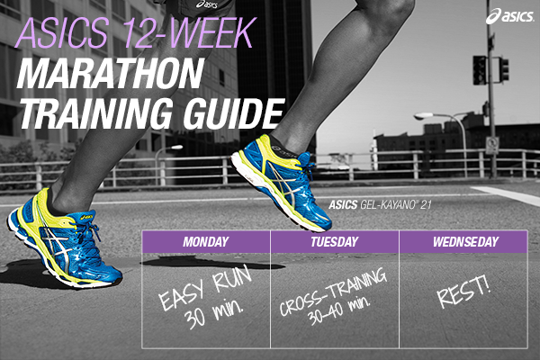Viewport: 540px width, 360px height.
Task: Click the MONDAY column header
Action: pyautogui.click(x=205, y=241)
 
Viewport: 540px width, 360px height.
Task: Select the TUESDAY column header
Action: pyautogui.click(x=335, y=241)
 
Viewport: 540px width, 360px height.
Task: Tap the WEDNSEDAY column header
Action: pyautogui.click(x=463, y=241)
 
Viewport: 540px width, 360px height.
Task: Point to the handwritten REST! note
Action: pyautogui.click(x=464, y=296)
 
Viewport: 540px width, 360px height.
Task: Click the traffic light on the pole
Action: pyautogui.click(x=480, y=70)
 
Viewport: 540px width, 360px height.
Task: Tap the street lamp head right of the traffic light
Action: pyautogui.click(x=419, y=116)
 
